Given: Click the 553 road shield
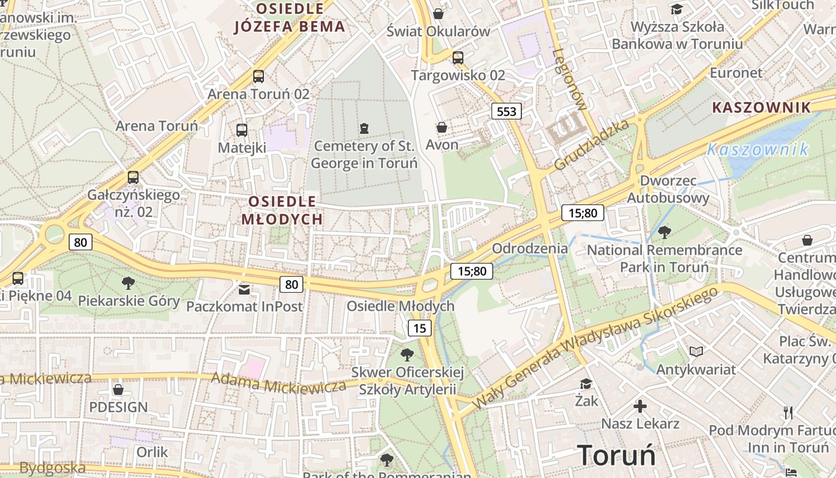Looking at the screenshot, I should [506, 111].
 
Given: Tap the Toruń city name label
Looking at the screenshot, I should [616, 455].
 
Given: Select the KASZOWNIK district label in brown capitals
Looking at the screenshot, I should [762, 108].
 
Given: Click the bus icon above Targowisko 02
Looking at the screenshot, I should [457, 58].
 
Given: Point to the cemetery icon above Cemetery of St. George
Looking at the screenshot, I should [364, 128].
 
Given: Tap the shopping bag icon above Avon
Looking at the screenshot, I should [442, 127].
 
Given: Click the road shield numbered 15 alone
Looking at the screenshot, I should [420, 327].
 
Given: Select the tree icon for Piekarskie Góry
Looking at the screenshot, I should [128, 283].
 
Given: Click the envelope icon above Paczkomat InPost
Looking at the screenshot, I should [244, 290].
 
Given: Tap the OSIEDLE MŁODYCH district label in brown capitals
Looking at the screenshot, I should [282, 210].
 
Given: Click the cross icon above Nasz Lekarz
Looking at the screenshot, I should [640, 407].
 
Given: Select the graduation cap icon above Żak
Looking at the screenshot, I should [586, 384].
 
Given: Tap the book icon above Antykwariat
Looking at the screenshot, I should [696, 351].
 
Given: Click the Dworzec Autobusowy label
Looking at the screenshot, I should [668, 189].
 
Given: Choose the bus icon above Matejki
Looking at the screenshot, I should [242, 130].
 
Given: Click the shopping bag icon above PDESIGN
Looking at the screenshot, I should [118, 390].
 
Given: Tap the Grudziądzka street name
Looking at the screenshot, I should [591, 145].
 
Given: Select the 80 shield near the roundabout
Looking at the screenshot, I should [81, 242].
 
